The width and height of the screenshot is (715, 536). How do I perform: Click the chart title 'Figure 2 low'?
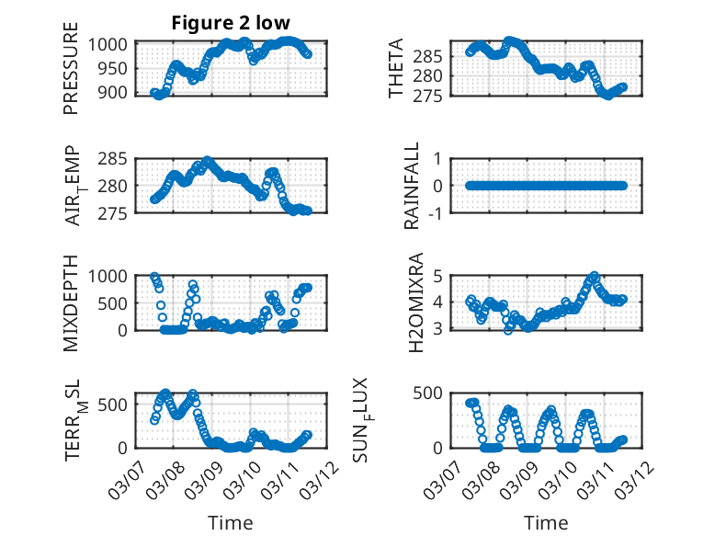coord(231,24)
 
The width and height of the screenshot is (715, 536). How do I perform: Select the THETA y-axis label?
coord(396,70)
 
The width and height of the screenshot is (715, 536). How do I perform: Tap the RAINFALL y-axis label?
coord(413,186)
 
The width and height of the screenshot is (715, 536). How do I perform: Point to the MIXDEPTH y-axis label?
coord(71,302)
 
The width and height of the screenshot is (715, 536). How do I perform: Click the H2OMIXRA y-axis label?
coord(415,302)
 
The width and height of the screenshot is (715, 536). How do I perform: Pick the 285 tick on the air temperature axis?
coord(118,159)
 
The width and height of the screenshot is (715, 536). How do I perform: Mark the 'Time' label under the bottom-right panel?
coord(546,523)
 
